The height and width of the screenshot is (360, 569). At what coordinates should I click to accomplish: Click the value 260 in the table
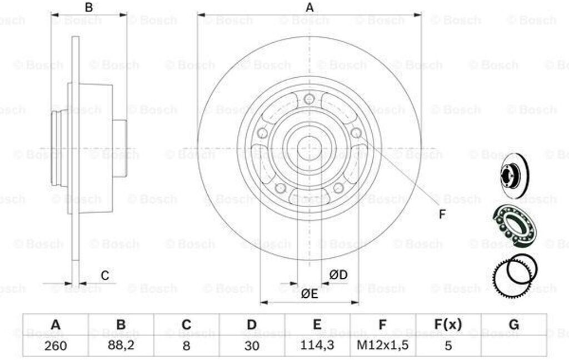tap(56, 345)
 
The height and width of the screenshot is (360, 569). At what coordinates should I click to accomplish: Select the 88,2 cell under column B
tap(121, 345)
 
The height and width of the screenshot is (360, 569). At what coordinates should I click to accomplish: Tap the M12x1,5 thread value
tap(382, 345)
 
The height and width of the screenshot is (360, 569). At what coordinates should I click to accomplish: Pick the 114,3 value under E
tap(317, 345)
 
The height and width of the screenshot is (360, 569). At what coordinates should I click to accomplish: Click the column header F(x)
tap(448, 324)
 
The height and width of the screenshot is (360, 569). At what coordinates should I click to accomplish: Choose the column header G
tap(514, 324)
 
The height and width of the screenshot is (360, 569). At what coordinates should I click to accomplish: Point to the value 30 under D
tap(252, 345)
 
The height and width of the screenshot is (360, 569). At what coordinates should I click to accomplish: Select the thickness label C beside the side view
tap(105, 276)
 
